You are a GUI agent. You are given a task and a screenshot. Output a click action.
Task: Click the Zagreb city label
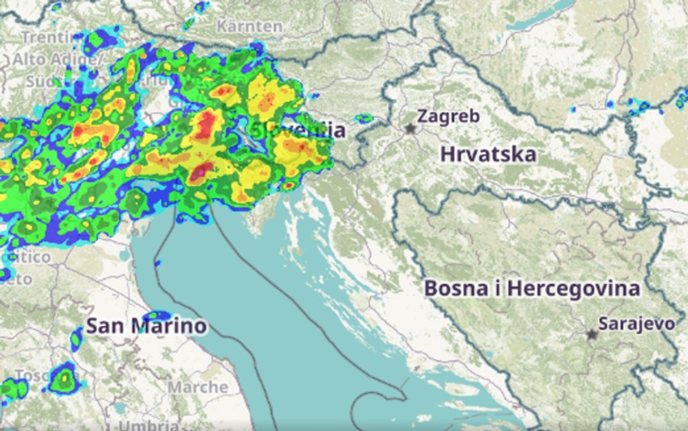(448, 116)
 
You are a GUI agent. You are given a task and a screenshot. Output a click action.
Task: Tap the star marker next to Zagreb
(411, 129)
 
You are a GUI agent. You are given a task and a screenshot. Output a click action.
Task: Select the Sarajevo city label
(636, 323)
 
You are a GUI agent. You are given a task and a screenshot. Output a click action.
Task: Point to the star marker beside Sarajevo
(592, 333)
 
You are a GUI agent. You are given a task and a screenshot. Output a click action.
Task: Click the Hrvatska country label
(488, 154)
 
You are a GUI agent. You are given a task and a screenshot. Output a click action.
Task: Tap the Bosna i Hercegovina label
(532, 288)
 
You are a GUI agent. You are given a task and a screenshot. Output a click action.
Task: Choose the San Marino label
(146, 327)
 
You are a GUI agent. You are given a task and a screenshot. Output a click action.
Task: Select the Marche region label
(198, 387)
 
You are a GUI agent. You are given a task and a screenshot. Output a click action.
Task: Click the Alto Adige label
(57, 59)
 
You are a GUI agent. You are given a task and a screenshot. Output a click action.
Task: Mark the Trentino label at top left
(40, 37)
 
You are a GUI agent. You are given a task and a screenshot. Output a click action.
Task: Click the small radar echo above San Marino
(156, 315)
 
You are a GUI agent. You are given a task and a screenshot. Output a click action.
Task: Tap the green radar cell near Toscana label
(62, 378)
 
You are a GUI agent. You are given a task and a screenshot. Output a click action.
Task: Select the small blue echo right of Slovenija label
(363, 118)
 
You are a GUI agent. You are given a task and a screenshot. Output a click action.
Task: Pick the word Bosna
(453, 288)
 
